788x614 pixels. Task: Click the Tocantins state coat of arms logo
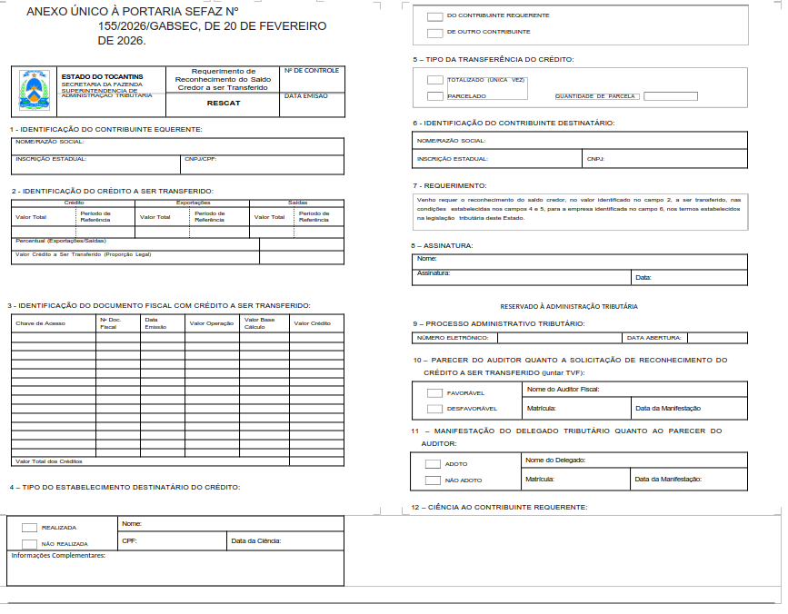35,92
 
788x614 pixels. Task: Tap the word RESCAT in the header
223,104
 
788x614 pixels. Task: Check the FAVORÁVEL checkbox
434,393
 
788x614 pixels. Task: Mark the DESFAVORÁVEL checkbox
434,409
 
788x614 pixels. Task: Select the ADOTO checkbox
433,464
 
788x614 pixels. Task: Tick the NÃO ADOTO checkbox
433,480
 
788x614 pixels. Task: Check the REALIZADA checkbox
29,528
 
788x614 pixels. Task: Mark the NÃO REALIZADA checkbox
29,544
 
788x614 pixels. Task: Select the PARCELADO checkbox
435,95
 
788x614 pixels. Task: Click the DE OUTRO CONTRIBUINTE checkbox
434,33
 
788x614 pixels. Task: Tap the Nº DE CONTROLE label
312,71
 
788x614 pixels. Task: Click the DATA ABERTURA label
654,338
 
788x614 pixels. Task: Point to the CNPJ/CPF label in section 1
201,159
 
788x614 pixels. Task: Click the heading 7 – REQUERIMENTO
450,185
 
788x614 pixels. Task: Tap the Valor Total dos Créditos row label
55,461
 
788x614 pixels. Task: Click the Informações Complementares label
58,555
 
